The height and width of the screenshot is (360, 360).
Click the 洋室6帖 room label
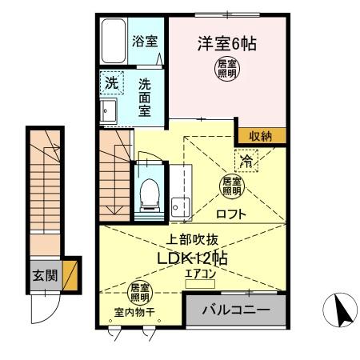click(x=227, y=44)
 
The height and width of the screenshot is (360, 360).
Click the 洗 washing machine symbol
click(x=112, y=82)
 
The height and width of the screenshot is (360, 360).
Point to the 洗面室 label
click(x=145, y=96)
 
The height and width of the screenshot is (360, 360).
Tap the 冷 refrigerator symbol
click(x=247, y=161)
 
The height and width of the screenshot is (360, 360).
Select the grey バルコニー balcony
click(x=235, y=309)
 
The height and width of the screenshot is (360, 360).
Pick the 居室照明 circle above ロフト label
click(x=230, y=186)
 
